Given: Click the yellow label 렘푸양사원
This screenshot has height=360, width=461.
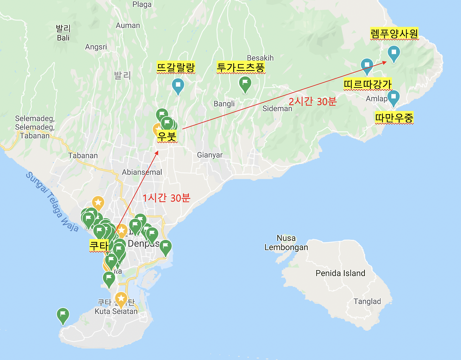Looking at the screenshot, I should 394,34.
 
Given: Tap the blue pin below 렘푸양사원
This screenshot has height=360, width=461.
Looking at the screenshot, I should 394,53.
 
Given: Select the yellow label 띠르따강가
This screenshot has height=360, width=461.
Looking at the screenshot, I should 367,85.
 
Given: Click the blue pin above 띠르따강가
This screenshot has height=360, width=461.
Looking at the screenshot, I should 367,66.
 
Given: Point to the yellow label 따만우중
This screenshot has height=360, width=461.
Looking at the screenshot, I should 394,118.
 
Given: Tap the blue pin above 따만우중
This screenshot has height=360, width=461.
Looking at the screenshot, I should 393,97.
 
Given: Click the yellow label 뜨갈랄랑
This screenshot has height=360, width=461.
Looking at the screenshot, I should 176,67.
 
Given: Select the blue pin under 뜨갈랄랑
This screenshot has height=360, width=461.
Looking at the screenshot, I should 178,85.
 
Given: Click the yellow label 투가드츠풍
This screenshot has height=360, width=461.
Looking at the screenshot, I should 241,67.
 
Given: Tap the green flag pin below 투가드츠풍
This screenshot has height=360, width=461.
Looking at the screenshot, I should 245,84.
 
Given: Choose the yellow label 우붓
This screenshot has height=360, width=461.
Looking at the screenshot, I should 167,137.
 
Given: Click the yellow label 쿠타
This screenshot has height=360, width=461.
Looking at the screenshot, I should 99,246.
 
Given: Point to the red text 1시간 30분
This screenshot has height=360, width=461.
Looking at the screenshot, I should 166,198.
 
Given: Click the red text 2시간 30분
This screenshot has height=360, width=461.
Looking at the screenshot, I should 313,102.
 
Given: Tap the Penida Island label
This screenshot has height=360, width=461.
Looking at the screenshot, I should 340,273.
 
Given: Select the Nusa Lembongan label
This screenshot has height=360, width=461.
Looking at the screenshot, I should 286,243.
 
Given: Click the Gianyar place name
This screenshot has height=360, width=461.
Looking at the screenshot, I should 210,155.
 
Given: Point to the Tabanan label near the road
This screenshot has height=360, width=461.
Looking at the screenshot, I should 83,156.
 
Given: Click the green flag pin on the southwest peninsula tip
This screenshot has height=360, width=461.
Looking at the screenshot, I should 63,315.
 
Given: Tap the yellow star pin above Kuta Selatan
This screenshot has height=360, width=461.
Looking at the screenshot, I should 121,299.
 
